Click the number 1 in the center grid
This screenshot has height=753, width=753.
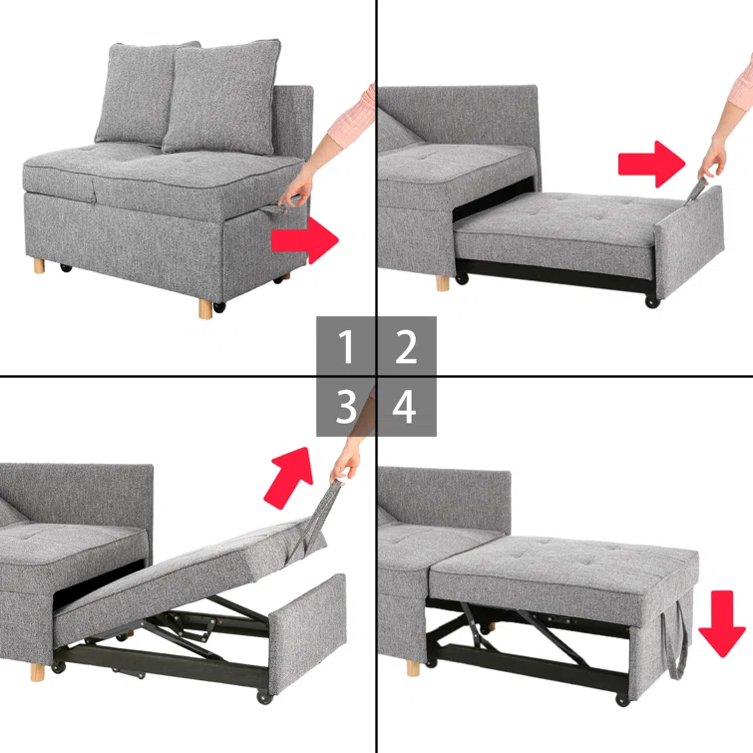point(346,348)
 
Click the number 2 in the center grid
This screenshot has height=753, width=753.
point(406,348)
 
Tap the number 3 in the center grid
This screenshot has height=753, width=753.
point(346,407)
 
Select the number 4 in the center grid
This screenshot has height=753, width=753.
point(406,407)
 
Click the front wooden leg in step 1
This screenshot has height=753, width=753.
point(205,306)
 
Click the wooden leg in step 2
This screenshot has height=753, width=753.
point(442,283)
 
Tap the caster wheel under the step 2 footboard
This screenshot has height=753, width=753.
point(652,300)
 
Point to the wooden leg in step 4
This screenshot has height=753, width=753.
point(412,666)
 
